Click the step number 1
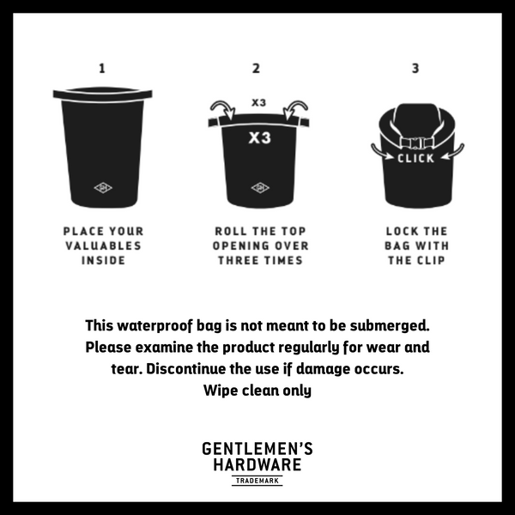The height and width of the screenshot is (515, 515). click(x=102, y=69)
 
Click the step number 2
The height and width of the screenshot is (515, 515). click(x=256, y=69)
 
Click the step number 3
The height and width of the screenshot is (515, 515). click(x=415, y=69)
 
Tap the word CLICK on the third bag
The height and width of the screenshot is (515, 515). click(x=416, y=158)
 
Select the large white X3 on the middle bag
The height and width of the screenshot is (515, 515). click(x=259, y=137)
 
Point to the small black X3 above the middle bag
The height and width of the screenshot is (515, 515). click(x=258, y=103)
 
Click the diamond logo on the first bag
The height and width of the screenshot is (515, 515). click(x=103, y=188)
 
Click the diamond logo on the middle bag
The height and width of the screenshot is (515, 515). click(x=259, y=188)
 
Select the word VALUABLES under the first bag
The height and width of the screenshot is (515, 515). click(x=103, y=245)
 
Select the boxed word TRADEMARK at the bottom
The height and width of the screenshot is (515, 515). click(x=257, y=481)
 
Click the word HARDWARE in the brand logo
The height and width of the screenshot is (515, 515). click(x=257, y=464)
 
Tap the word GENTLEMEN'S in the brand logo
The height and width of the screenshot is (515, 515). click(x=257, y=449)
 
